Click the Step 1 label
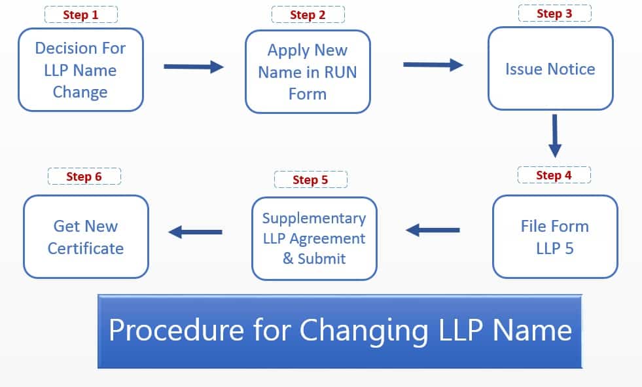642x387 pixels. click(80, 14)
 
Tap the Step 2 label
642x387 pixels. click(308, 14)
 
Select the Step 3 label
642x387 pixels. click(554, 13)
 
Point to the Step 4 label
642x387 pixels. click(554, 175)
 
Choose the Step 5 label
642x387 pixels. click(310, 179)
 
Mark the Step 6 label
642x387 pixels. click(84, 176)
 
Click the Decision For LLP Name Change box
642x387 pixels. click(80, 69)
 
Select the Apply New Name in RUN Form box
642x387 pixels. click(308, 71)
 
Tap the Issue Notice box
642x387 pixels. click(550, 69)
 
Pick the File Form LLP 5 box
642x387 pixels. click(554, 236)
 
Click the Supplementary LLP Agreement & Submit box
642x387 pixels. click(314, 238)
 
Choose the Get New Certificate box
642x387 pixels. click(86, 236)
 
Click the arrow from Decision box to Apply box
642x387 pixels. click(193, 66)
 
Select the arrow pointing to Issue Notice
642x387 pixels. click(433, 65)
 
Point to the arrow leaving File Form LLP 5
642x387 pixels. click(433, 230)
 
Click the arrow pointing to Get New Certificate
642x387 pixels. click(196, 232)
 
